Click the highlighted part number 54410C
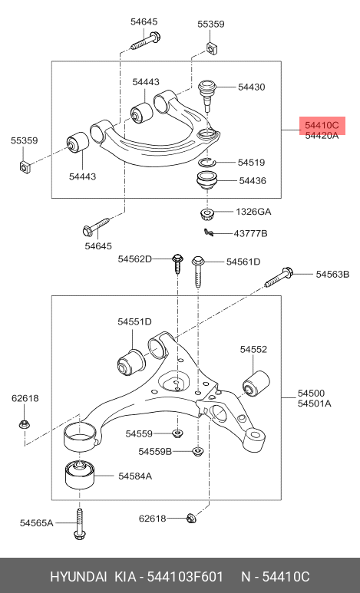(322, 125)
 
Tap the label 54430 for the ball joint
(251, 87)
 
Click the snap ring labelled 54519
(207, 162)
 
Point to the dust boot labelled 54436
(207, 182)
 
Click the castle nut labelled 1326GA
(207, 214)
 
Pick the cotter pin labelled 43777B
(209, 232)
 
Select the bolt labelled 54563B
(278, 278)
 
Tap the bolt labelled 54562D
(177, 264)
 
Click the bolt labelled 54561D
(198, 271)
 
